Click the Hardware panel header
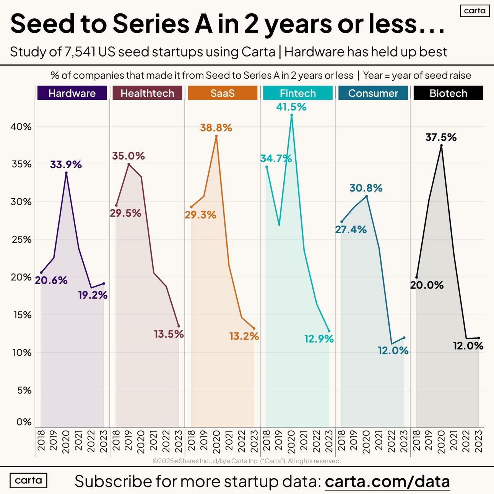coord(72,93)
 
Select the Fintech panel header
coord(298,93)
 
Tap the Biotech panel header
coord(448,93)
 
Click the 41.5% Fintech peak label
coord(291,107)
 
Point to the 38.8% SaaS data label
coord(216,128)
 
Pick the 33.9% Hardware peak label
coord(66,165)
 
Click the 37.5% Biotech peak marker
coord(441,146)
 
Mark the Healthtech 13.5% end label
coord(169,334)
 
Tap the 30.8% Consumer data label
coord(366,188)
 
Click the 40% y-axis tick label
coord(21,127)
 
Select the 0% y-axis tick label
coord(24,422)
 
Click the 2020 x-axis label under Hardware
coord(66,442)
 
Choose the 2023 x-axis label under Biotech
coord(478,442)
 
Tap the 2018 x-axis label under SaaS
coord(191,442)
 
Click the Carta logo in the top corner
coord(474,11)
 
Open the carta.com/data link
coord(387,481)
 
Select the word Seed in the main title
coord(42,24)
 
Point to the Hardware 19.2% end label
coord(93,295)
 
